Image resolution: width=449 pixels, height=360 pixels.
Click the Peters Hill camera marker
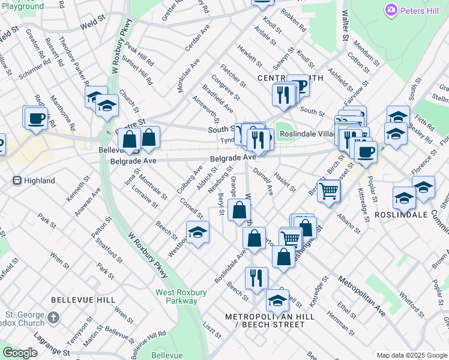point(392,11)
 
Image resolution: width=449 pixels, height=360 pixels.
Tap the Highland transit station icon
point(17,180)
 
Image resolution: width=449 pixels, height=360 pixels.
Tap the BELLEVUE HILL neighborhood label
point(83,299)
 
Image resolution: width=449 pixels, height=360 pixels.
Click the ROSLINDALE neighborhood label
point(400,214)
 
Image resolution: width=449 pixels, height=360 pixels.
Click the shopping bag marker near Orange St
point(240,211)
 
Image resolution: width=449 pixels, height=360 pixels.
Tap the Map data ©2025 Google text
point(411,355)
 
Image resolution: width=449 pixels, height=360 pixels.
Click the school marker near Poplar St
point(404,197)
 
